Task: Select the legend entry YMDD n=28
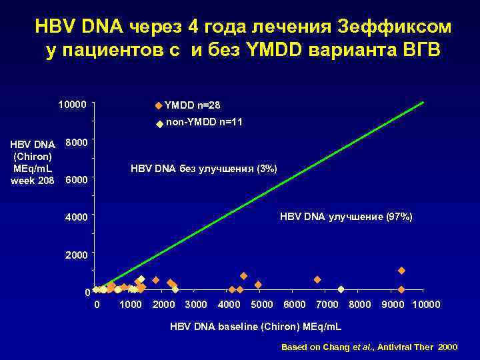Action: tap(192, 105)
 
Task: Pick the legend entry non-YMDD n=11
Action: tap(203, 123)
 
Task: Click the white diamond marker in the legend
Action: tap(159, 124)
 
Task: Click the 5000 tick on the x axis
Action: tap(262, 305)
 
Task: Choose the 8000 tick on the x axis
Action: tap(360, 305)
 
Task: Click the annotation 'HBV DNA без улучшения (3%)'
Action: tap(204, 169)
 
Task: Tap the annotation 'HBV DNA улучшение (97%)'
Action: tap(346, 217)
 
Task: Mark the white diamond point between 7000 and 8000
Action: tap(341, 289)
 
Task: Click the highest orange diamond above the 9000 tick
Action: tap(401, 271)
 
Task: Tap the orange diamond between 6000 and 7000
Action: tap(317, 279)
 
